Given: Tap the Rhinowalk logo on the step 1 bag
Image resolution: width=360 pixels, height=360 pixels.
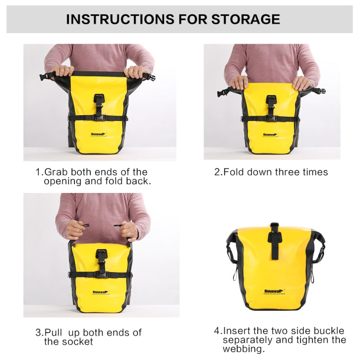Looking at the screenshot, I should [98, 135].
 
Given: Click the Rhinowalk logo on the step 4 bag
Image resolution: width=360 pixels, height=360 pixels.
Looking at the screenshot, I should [274, 290].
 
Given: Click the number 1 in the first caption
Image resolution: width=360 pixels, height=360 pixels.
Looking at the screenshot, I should [38, 172].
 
